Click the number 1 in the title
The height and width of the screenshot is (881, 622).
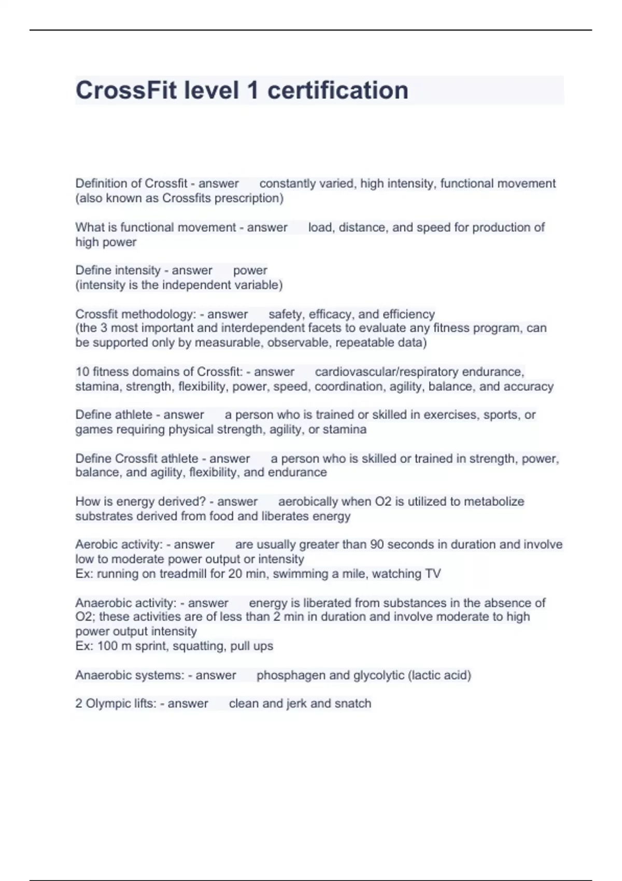pyautogui.click(x=253, y=90)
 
